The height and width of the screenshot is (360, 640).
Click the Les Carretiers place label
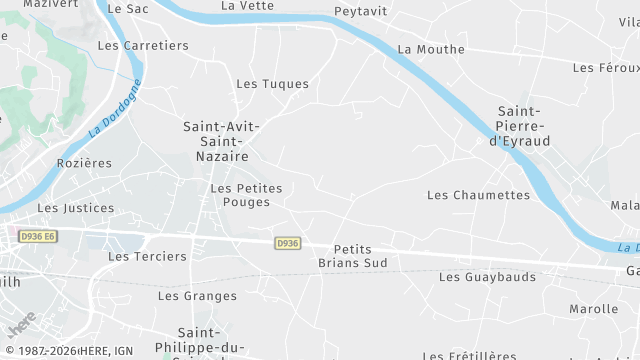143,45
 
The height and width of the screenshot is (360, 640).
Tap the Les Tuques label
272,84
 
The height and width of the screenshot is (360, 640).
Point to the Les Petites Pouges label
247,195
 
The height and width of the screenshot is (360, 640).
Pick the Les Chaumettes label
478,195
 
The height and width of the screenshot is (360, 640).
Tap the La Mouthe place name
431,49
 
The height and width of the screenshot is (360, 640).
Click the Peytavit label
360,12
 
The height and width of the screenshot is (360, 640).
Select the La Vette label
247,6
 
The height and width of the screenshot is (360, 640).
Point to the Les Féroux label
605,68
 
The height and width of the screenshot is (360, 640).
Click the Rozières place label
85,163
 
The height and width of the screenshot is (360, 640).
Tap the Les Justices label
76,208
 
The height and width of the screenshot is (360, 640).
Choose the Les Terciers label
147,256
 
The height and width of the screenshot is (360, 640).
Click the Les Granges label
198,296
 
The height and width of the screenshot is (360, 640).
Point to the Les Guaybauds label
487,277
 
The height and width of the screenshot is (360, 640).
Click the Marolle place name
594,309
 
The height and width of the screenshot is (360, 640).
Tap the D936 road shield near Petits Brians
287,243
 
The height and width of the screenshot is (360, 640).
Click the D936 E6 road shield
39,236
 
